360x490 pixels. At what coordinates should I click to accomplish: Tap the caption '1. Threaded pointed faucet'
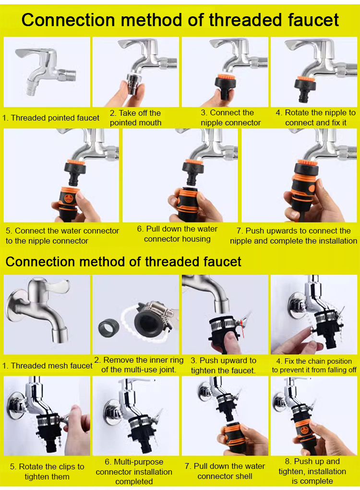pyautogui.click(x=50, y=118)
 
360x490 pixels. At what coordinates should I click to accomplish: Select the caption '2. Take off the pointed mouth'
pyautogui.click(x=135, y=118)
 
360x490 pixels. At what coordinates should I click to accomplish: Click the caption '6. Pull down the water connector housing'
pyautogui.click(x=177, y=234)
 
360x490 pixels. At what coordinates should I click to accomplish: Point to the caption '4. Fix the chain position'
pyautogui.click(x=314, y=361)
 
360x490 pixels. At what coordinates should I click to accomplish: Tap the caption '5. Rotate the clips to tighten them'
pyautogui.click(x=47, y=472)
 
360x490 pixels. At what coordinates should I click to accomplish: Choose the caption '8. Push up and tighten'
pyautogui.click(x=312, y=466)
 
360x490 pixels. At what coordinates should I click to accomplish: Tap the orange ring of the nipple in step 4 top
pyautogui.click(x=306, y=78)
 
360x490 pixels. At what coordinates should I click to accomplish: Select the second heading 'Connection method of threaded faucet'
pyautogui.click(x=123, y=261)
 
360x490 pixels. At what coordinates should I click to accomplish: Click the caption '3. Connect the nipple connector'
pyautogui.click(x=230, y=118)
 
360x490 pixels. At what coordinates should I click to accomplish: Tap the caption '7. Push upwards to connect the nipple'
pyautogui.click(x=293, y=235)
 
